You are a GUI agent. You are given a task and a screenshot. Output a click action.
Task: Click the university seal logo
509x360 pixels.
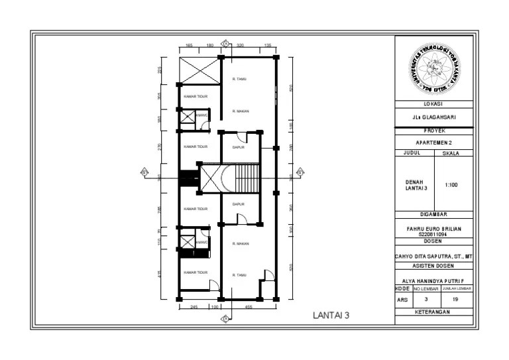click(x=434, y=69)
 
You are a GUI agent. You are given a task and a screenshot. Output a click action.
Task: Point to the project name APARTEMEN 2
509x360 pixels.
click(x=434, y=143)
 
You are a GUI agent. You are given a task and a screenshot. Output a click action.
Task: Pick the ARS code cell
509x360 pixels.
click(x=402, y=300)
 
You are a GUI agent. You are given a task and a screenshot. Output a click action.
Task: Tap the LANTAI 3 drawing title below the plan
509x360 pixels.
click(x=331, y=316)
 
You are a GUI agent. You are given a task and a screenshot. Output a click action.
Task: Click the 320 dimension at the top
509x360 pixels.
click(x=241, y=46)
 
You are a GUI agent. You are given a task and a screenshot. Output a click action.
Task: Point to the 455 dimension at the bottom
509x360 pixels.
click(x=248, y=307)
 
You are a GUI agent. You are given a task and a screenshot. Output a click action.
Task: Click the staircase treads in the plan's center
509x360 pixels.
click(x=247, y=179)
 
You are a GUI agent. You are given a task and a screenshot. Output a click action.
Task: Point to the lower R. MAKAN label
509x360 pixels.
click(x=240, y=244)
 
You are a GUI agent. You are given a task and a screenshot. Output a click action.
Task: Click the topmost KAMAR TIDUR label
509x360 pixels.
click(x=196, y=96)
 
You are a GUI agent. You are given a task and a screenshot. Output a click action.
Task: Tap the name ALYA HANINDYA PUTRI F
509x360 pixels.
click(x=434, y=280)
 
